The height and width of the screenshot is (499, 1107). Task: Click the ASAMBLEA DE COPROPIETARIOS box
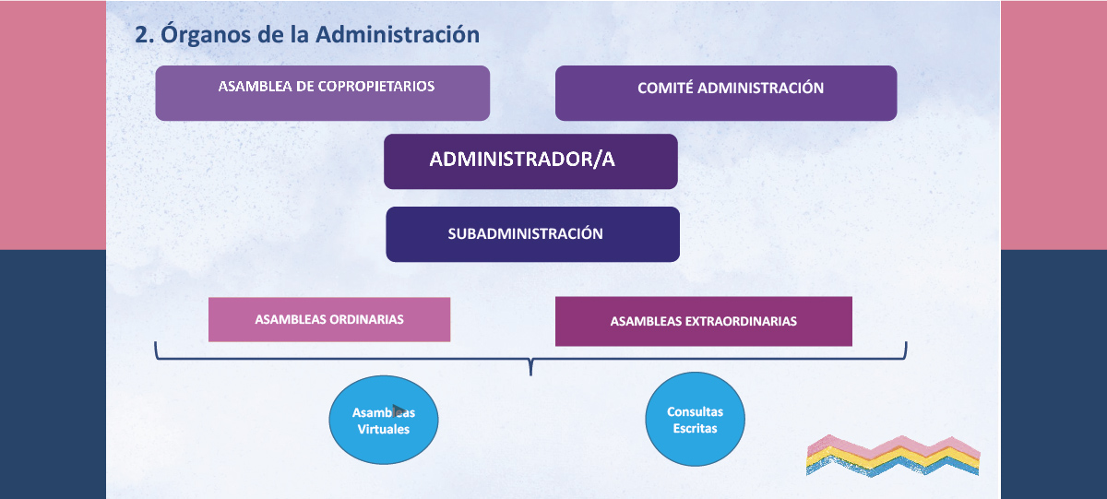[323, 93]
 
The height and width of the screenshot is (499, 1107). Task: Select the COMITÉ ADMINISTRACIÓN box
[726, 93]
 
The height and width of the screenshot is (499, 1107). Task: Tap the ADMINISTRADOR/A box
[530, 161]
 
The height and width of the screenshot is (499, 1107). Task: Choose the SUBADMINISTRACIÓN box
[533, 234]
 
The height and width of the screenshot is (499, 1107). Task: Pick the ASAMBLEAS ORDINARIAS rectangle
[329, 320]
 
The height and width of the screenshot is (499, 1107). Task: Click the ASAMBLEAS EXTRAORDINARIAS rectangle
[704, 321]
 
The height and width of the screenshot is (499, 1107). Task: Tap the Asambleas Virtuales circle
[384, 420]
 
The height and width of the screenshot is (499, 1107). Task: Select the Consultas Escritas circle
[695, 419]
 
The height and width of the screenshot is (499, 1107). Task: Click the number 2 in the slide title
[141, 35]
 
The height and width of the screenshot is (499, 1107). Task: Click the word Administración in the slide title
[398, 34]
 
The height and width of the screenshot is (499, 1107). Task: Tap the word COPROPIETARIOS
[376, 87]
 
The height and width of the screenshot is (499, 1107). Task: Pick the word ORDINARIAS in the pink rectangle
[366, 320]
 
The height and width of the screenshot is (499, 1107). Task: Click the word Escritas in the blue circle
[695, 428]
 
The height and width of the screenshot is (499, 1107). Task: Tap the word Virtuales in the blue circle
[384, 429]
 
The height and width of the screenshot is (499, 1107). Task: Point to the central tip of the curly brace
[530, 375]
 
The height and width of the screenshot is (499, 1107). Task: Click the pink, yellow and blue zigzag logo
[893, 456]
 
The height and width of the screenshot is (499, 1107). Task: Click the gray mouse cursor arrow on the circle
[399, 410]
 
